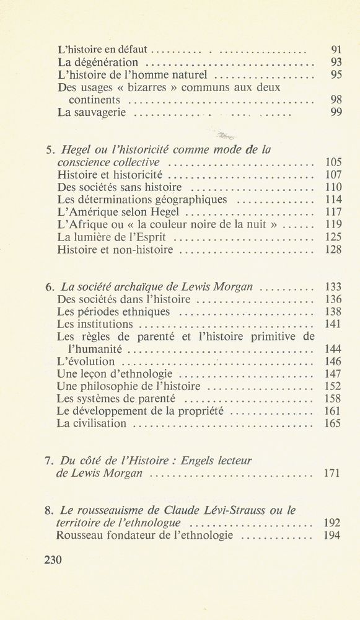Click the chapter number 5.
[49, 149]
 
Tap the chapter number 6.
[49, 287]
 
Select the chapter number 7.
[49, 461]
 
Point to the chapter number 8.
[49, 510]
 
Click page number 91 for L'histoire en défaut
[335, 49]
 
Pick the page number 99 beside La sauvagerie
[335, 112]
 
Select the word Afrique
[82, 224]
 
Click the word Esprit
[152, 237]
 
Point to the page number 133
[333, 287]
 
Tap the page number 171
[333, 474]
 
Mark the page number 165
[333, 424]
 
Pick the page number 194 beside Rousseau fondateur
[333, 535]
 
